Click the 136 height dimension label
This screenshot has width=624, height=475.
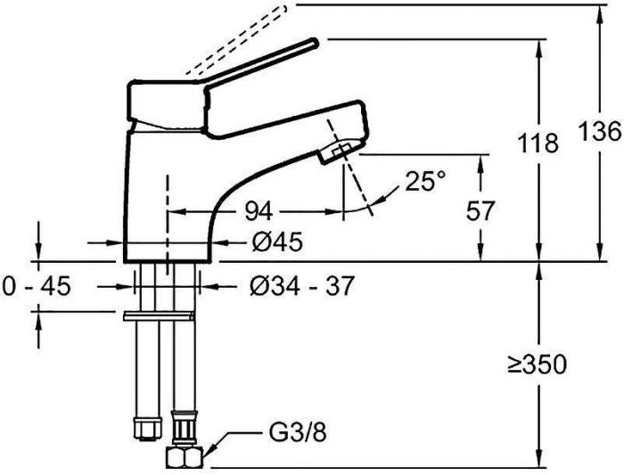pyautogui.click(x=604, y=131)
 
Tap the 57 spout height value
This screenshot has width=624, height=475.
pyautogui.click(x=480, y=210)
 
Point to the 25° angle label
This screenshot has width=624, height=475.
pyautogui.click(x=424, y=182)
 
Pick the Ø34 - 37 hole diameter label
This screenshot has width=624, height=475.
pyautogui.click(x=302, y=286)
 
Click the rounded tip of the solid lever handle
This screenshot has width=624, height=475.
pyautogui.click(x=313, y=42)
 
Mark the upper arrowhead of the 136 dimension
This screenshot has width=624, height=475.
pyautogui.click(x=597, y=12)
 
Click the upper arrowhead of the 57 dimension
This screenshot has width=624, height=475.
pyautogui.click(x=482, y=161)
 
